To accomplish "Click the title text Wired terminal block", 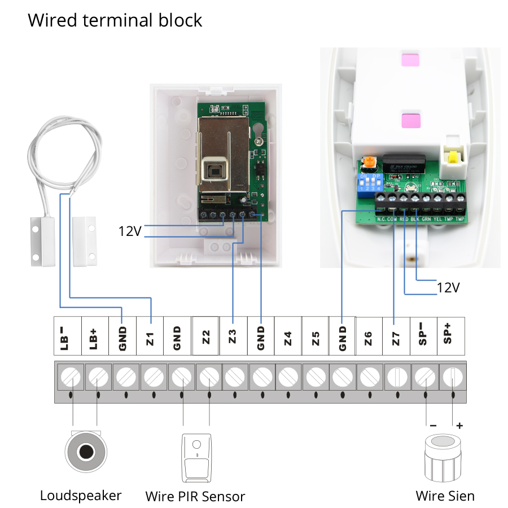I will point(115,21).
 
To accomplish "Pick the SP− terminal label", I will point(424,337).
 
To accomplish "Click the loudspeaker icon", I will point(86,452).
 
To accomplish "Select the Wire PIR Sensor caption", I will point(195,497).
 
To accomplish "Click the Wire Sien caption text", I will point(445,496).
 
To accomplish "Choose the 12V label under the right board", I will point(448,287).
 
